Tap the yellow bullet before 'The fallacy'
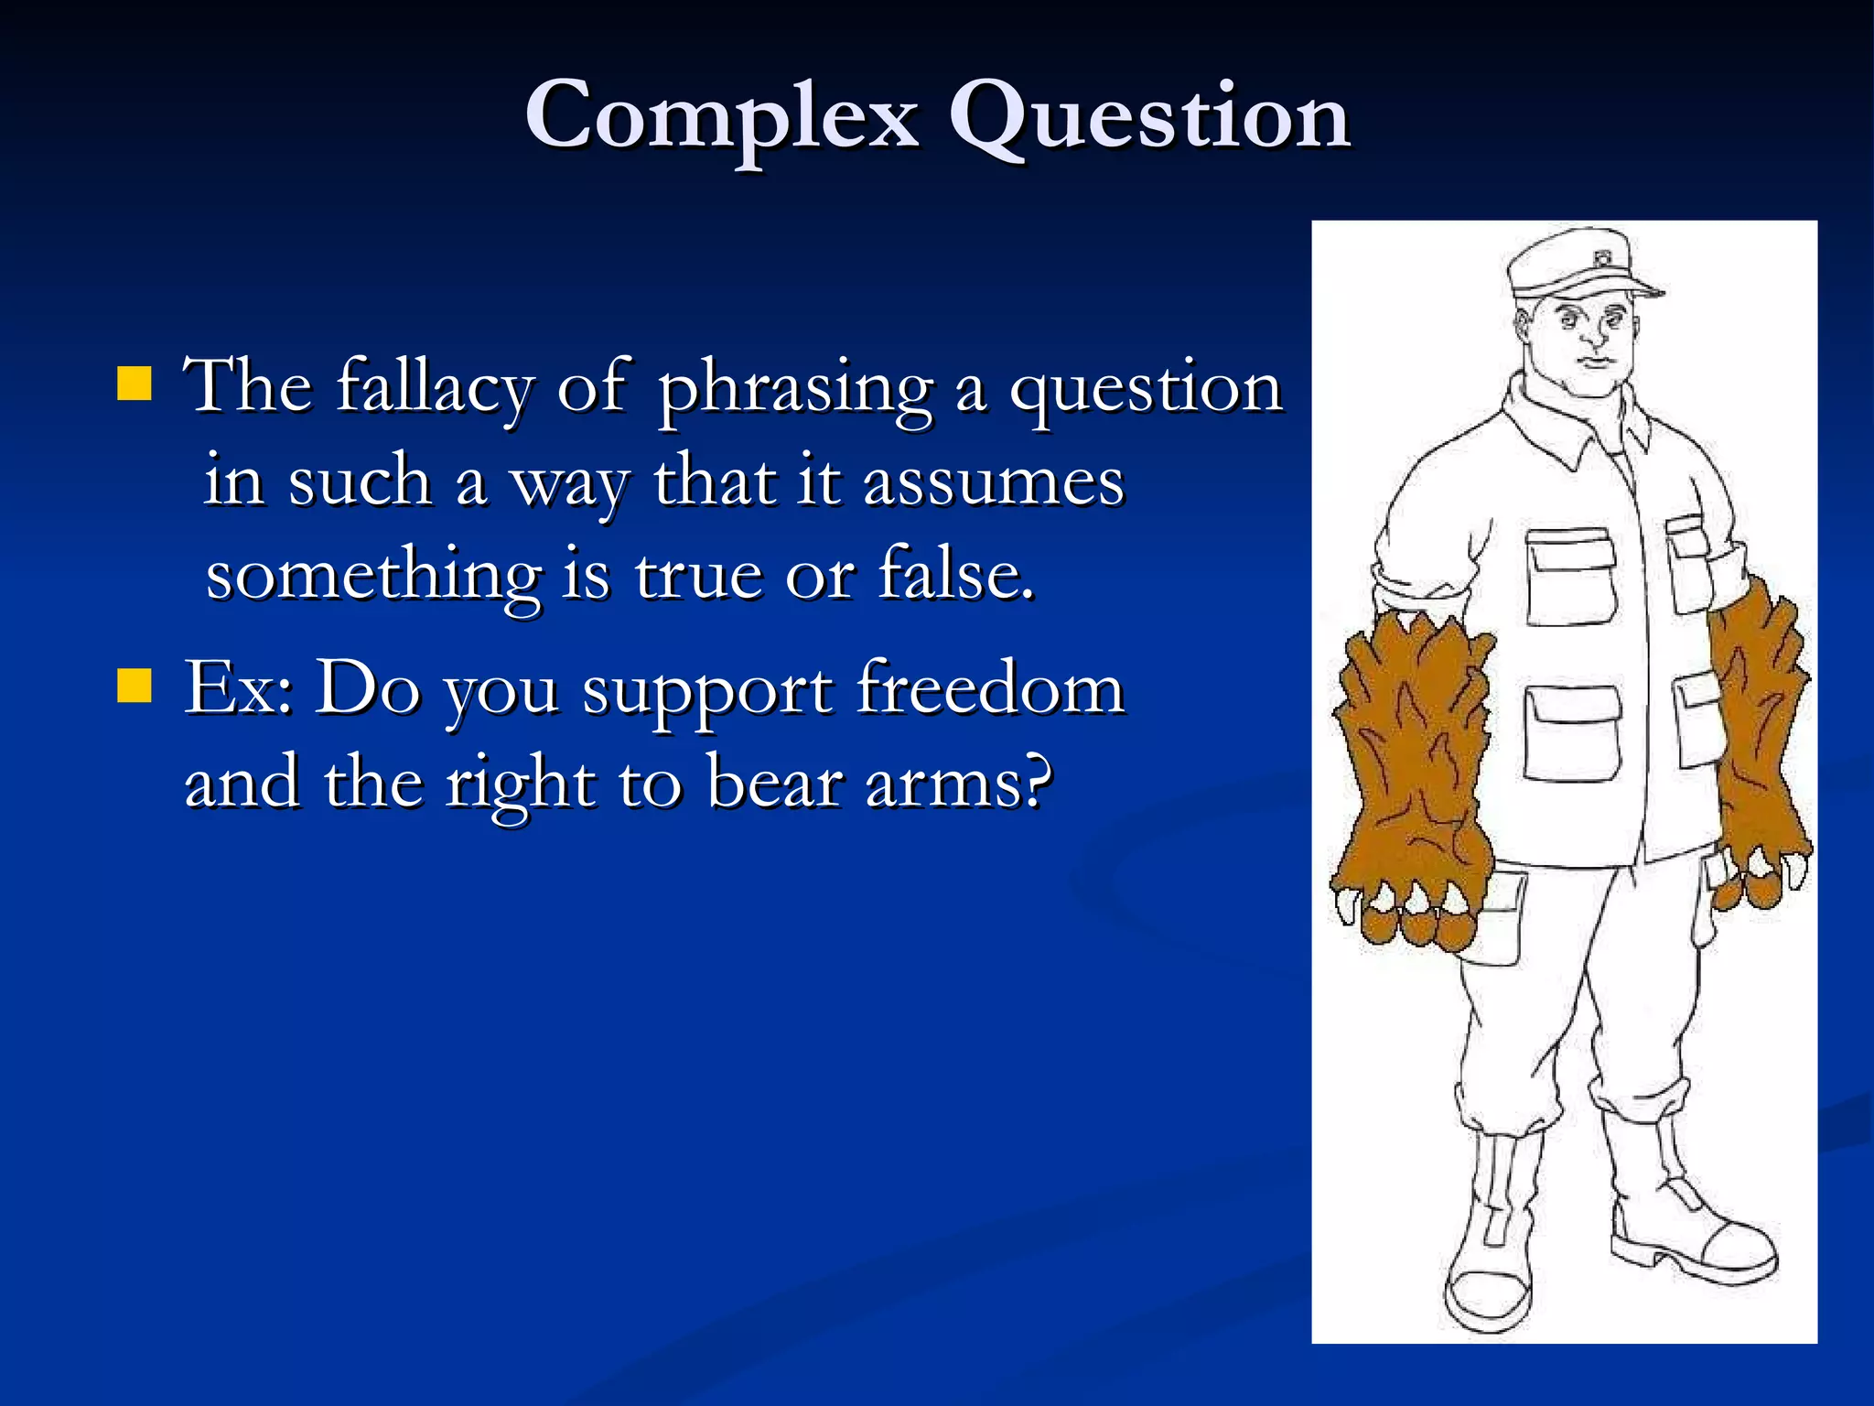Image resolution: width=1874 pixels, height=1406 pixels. (x=135, y=384)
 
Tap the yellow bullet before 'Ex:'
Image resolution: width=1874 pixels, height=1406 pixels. (x=135, y=685)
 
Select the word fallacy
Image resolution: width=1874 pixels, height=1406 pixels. (x=435, y=386)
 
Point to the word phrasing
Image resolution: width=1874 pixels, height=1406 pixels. (x=794, y=388)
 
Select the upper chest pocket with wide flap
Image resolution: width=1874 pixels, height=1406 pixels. (x=1570, y=577)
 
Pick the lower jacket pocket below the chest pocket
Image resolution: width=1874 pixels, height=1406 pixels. (x=1571, y=732)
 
